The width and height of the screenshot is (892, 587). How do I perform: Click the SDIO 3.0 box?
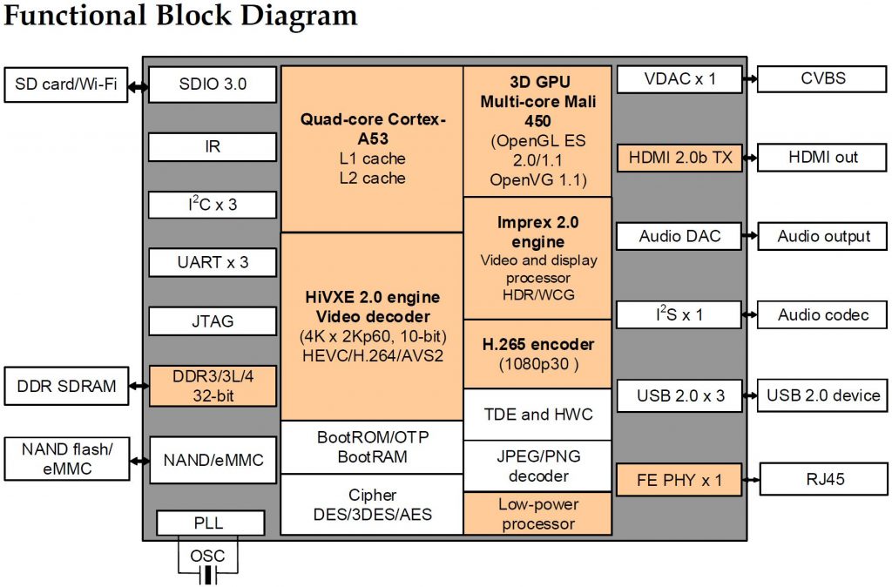click(x=213, y=84)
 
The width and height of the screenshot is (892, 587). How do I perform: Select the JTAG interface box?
click(x=213, y=320)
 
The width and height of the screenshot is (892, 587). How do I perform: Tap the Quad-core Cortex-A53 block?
click(x=372, y=148)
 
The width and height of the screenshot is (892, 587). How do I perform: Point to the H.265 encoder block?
click(x=537, y=353)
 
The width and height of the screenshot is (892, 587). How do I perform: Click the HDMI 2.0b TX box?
click(x=680, y=158)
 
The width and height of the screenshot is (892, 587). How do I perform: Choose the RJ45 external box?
click(x=823, y=478)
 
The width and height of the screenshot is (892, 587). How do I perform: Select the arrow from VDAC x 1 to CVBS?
click(x=750, y=79)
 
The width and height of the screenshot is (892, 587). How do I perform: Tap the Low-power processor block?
click(x=537, y=514)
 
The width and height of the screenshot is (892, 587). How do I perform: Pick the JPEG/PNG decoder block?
click(x=537, y=466)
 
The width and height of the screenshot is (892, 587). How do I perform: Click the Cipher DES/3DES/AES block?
click(x=372, y=504)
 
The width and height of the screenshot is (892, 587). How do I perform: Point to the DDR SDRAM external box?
click(x=65, y=386)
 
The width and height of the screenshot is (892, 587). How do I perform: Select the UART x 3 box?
click(x=213, y=261)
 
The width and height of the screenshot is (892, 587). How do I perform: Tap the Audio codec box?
click(x=823, y=314)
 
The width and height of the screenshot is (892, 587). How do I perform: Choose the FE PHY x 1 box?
click(x=680, y=478)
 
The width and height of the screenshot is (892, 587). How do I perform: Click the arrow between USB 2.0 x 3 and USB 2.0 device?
click(x=750, y=395)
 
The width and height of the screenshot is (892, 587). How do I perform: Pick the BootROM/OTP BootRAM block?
click(x=372, y=447)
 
